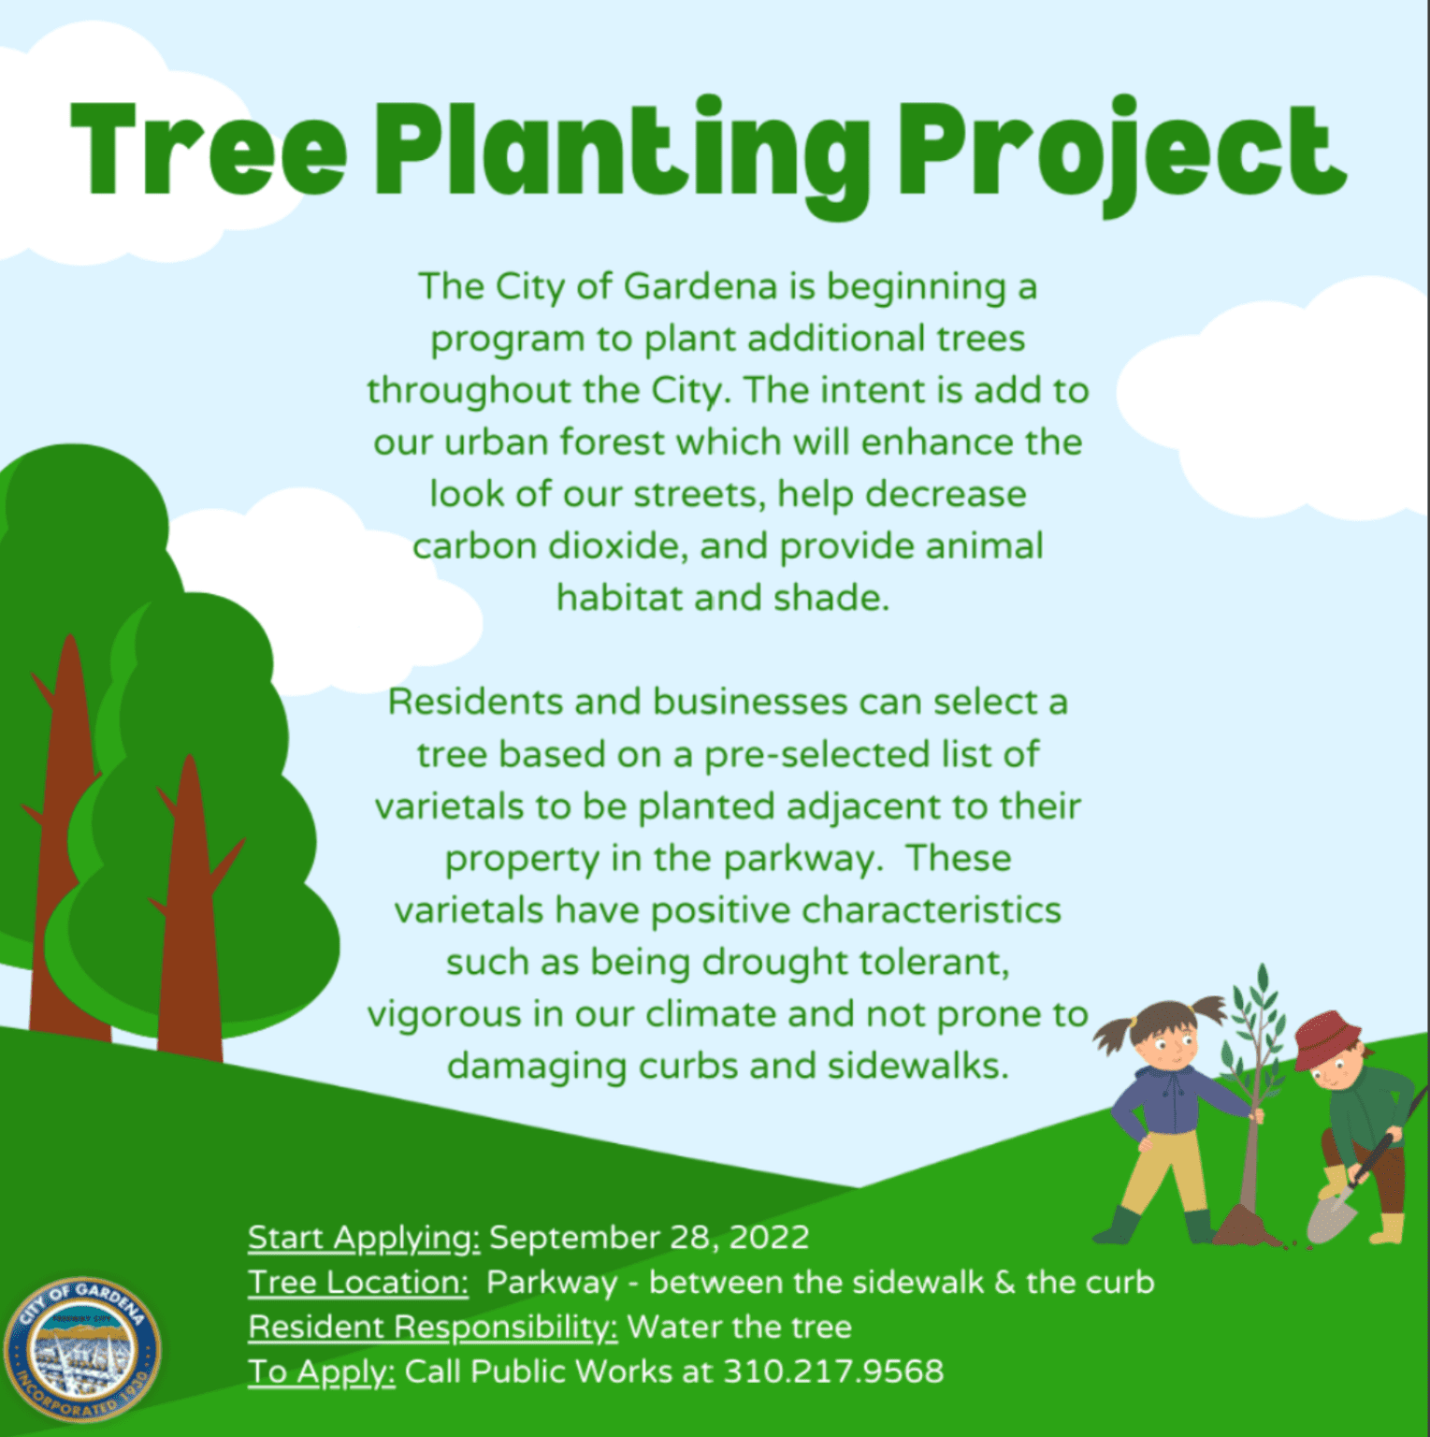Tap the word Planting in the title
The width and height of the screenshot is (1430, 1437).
click(622, 154)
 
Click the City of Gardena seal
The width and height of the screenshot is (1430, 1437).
click(82, 1348)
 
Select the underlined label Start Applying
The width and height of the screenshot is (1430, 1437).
click(363, 1238)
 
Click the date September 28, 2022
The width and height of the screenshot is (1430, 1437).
click(649, 1238)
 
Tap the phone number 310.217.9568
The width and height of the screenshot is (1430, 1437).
click(833, 1372)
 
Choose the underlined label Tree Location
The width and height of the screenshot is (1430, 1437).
click(357, 1283)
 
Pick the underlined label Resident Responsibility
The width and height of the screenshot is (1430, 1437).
click(432, 1327)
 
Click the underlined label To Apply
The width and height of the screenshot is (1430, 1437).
click(321, 1372)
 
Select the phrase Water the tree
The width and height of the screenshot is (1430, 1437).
click(739, 1327)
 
